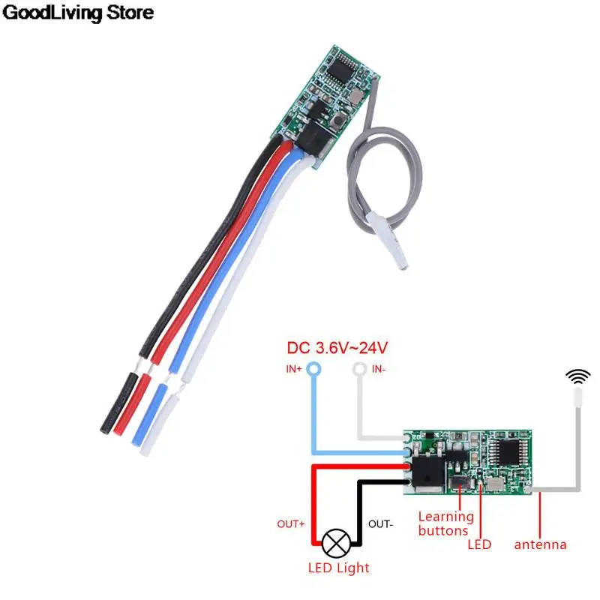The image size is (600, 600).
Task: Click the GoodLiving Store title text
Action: (79, 13)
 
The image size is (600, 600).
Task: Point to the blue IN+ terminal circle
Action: (313, 369)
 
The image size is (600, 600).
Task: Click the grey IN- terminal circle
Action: (361, 369)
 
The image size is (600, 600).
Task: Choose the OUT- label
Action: (379, 523)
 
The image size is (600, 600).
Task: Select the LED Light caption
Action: (339, 568)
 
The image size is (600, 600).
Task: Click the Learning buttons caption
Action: (446, 523)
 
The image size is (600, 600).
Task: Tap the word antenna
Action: (540, 544)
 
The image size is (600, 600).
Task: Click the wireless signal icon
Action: (577, 375)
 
